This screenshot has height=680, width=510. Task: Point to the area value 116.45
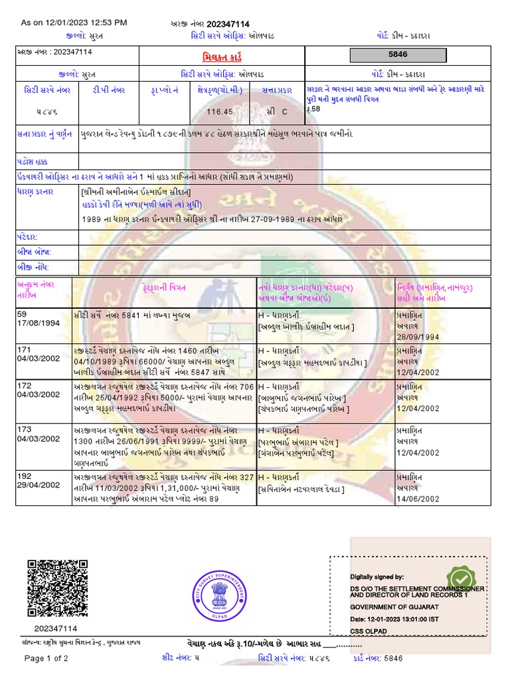(x=219, y=112)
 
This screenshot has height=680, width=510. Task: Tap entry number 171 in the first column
(x=25, y=349)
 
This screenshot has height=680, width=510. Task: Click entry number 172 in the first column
(x=25, y=385)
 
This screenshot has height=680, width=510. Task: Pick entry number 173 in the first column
(x=25, y=430)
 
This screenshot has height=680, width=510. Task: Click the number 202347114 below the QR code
(x=56, y=628)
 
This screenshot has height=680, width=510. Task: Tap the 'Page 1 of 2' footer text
(x=46, y=659)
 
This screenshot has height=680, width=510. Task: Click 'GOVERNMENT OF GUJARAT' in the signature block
(x=394, y=607)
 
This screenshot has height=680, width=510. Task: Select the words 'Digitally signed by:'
(x=377, y=577)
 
